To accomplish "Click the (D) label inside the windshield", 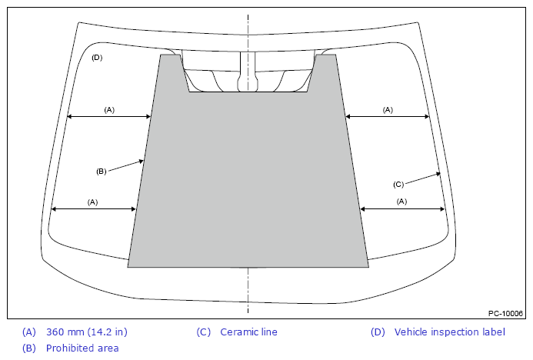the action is coord(97,58).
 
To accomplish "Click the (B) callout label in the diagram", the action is coord(102,172).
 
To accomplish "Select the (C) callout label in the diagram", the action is coord(398,185).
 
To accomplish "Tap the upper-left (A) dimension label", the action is coord(109,110).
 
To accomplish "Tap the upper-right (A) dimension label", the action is coord(388,110).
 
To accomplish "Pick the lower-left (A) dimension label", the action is coord(92,202).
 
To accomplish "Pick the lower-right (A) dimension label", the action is coord(401,202).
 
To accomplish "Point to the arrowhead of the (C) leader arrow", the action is coord(438,174).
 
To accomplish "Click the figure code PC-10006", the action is coord(505,313).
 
